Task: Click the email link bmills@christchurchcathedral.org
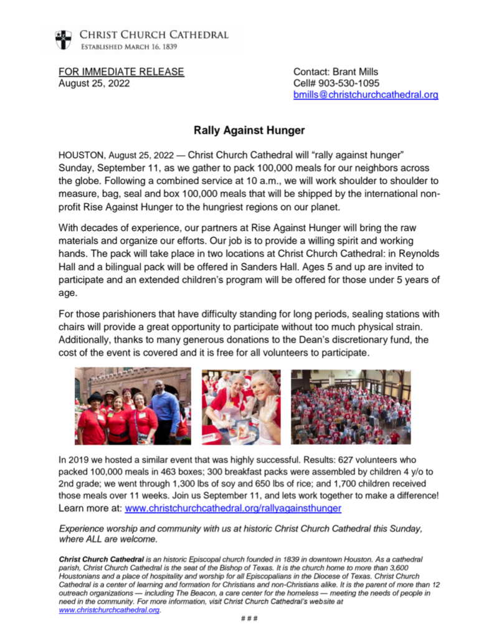[366, 95]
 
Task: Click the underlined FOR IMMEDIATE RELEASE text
[121, 72]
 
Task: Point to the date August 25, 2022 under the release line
[94, 83]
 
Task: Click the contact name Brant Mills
[354, 72]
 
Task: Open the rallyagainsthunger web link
[233, 508]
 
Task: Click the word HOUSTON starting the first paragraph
[80, 154]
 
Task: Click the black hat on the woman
[95, 397]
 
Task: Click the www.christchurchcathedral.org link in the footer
[109, 611]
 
